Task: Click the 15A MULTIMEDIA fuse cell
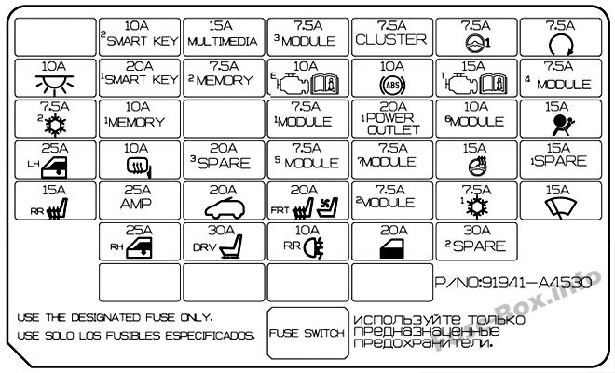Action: coord(224,37)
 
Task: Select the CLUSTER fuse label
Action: coord(391,39)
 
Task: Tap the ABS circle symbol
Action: coord(392,85)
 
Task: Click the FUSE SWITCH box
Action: coord(307,333)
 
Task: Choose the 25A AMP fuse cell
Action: coord(140,200)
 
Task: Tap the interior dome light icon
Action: coord(54,84)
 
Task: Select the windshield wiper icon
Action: coord(561,207)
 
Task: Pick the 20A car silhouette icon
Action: coord(225,207)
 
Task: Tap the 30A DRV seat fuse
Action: coord(224,242)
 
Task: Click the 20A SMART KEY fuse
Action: coord(140,78)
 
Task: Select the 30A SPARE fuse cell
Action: coord(476,242)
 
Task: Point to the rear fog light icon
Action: coord(315,248)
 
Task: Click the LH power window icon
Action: coord(54,167)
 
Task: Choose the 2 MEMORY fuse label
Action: coord(221,80)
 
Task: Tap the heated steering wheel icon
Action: coord(478,166)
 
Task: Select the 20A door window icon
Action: coord(392,248)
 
